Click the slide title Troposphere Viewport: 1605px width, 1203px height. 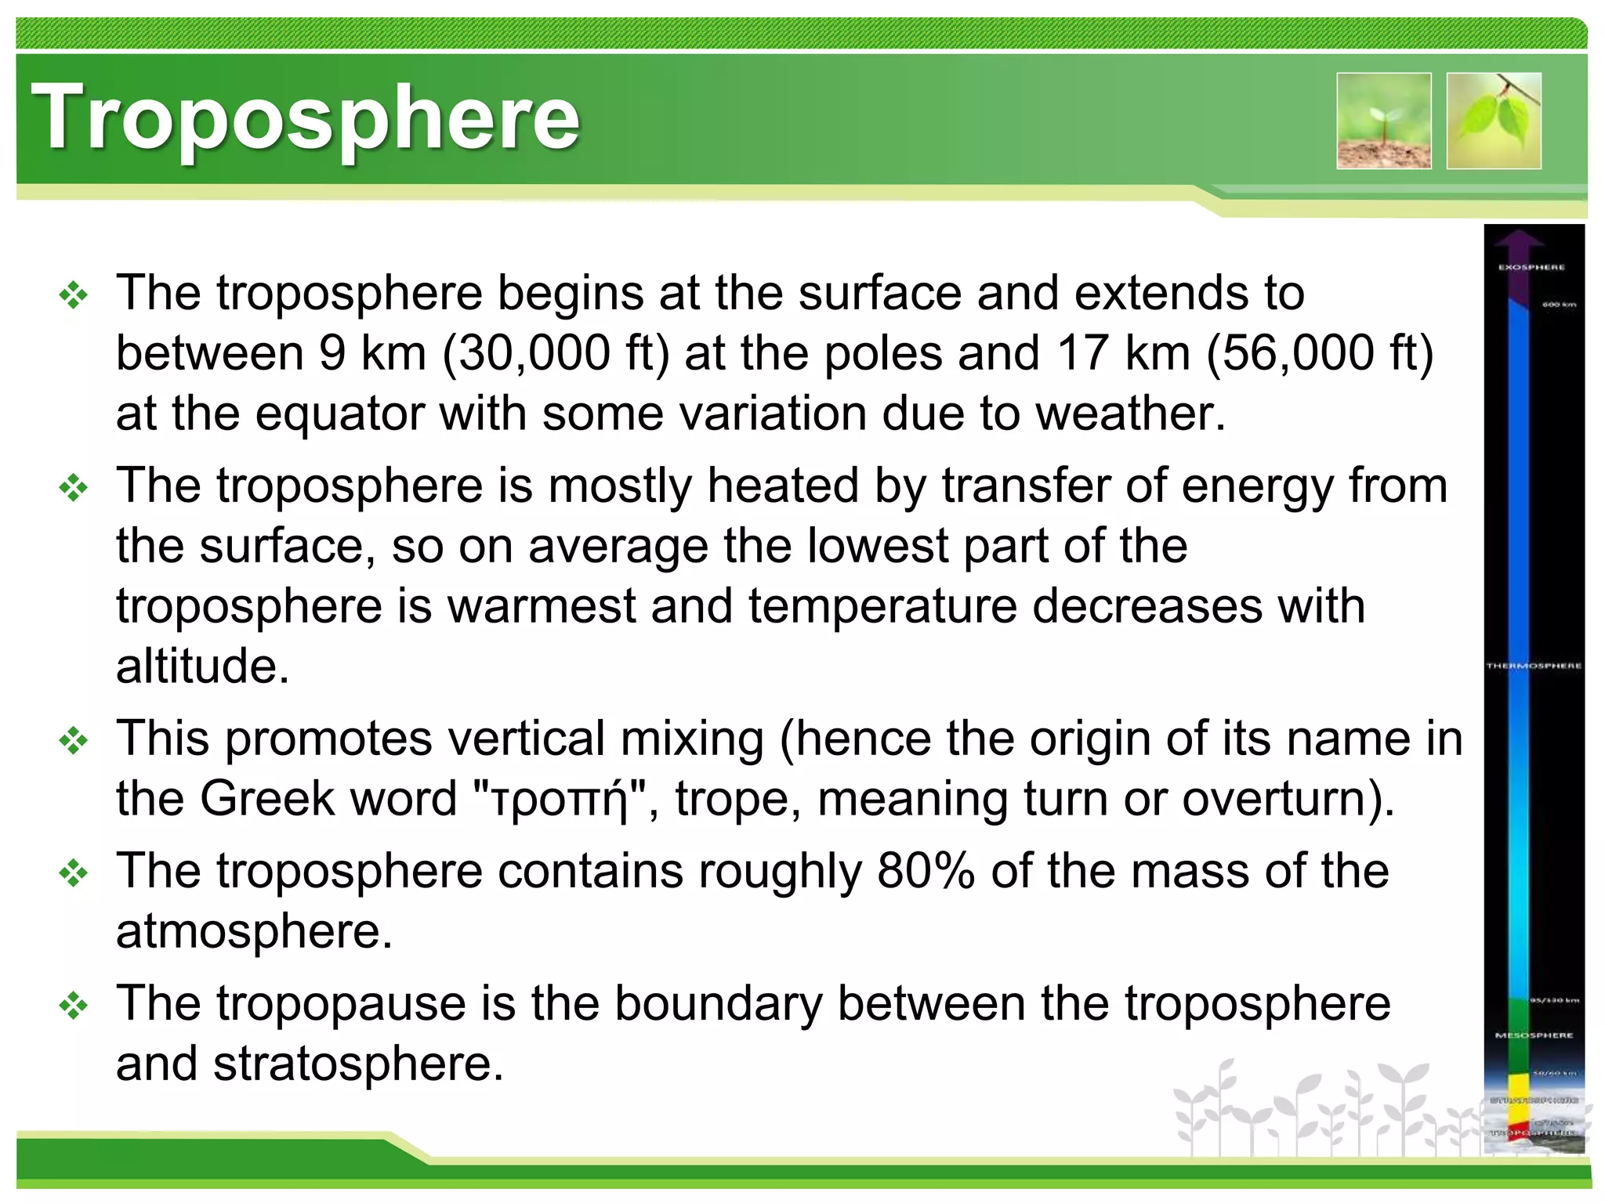tap(306, 117)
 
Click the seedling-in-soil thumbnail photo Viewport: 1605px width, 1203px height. tap(1384, 121)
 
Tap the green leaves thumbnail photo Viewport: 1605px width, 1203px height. tap(1494, 121)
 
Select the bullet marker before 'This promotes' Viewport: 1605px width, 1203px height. tap(73, 740)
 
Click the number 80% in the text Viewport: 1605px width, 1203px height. tap(926, 870)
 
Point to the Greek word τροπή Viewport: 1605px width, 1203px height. tap(556, 800)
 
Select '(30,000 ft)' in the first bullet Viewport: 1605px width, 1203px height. tap(556, 352)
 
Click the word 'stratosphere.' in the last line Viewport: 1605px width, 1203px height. tap(358, 1064)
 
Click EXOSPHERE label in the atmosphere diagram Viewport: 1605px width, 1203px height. tap(1531, 267)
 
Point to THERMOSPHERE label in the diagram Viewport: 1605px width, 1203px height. tap(1534, 666)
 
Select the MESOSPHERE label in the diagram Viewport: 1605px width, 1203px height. tap(1534, 1035)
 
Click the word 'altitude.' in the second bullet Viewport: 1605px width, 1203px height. tap(203, 666)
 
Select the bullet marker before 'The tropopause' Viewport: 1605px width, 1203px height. tap(73, 1005)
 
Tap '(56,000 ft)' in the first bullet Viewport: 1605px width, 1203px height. tap(1320, 352)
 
